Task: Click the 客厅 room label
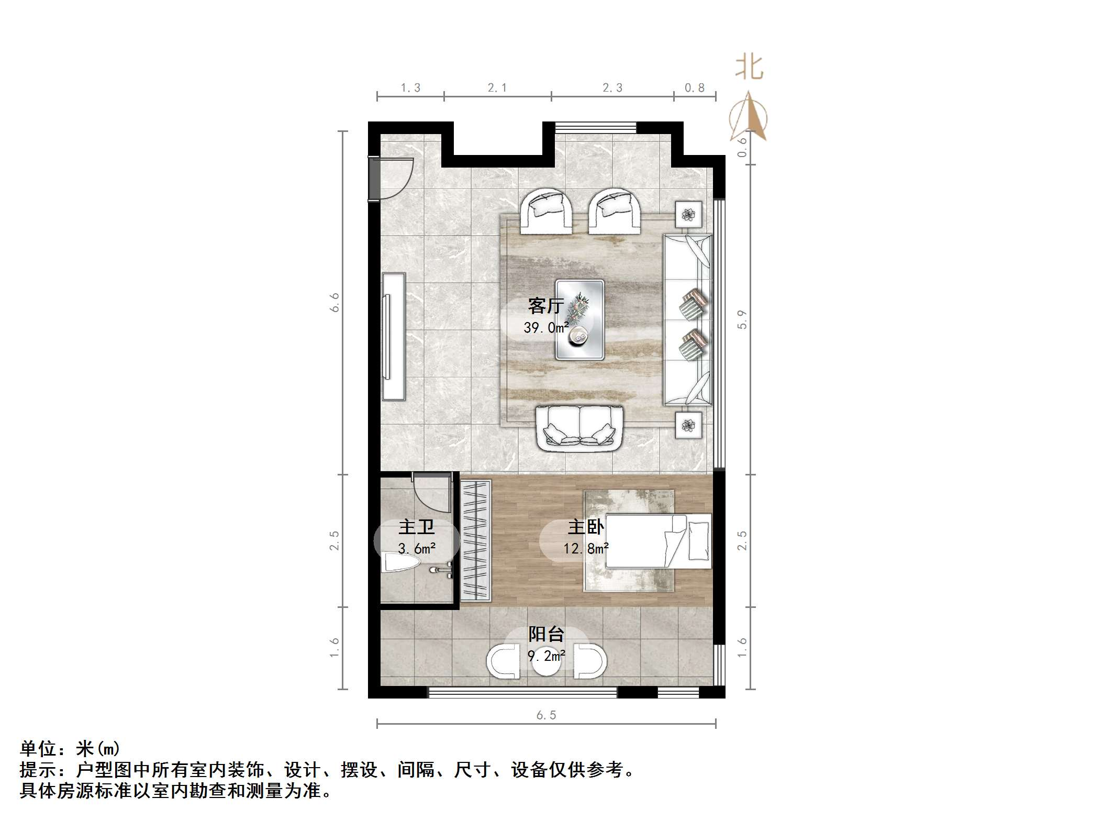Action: coord(546,305)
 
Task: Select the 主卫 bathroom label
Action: coord(417,527)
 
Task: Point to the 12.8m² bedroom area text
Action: coord(586,549)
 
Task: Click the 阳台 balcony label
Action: coord(546,634)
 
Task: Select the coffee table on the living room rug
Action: coord(580,320)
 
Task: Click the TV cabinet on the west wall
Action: coord(394,336)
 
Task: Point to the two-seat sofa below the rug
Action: coord(579,429)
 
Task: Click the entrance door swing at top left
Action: coord(396,178)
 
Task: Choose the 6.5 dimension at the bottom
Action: coord(546,715)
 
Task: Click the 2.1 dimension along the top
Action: coord(497,88)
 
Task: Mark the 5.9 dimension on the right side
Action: coord(742,319)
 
